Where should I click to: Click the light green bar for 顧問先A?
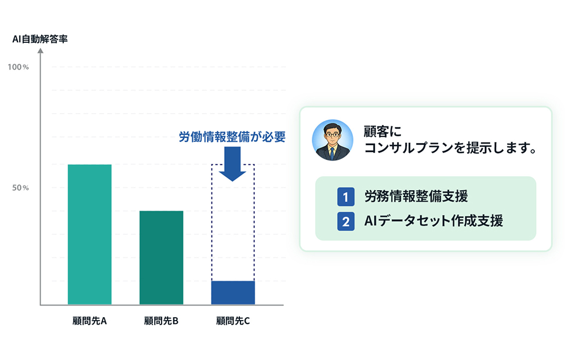[x=89, y=234]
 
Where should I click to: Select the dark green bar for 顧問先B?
[x=161, y=257]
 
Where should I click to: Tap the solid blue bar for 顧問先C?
[x=233, y=293]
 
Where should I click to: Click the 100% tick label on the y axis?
[x=18, y=67]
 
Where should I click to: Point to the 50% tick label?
[x=20, y=188]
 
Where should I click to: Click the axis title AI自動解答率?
[x=40, y=39]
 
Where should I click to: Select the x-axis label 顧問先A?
[x=89, y=321]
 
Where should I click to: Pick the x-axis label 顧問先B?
[x=161, y=321]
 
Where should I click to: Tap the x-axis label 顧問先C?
[x=233, y=321]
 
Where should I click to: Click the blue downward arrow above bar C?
[x=232, y=163]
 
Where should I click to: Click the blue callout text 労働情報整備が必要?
[x=232, y=137]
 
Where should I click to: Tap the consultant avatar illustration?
[x=332, y=140]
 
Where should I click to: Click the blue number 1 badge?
[x=345, y=197]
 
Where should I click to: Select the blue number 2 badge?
[x=345, y=221]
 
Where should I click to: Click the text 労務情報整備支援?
[x=416, y=197]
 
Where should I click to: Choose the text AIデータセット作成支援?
[x=433, y=221]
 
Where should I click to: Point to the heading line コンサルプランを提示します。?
[x=451, y=148]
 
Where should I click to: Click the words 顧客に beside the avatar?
[x=382, y=132]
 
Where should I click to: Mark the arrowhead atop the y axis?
[x=41, y=51]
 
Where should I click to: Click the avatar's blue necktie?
[x=332, y=153]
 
